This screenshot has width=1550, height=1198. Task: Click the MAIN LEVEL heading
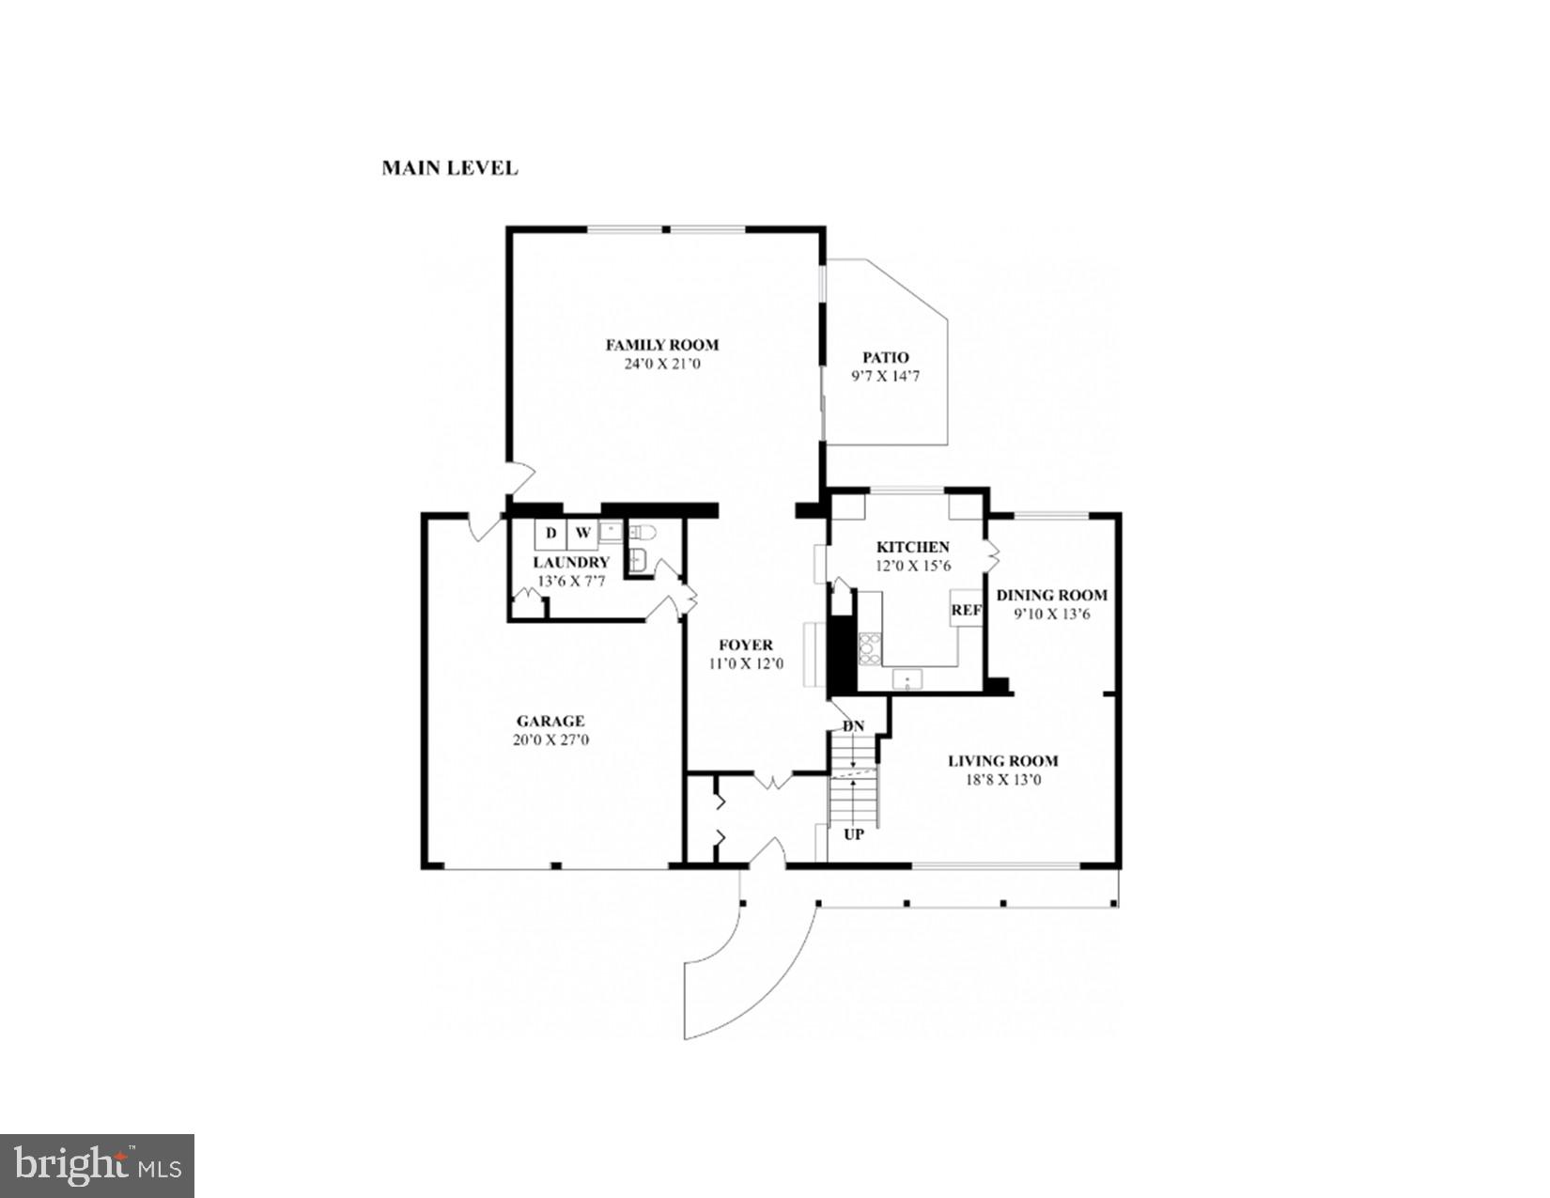(x=449, y=168)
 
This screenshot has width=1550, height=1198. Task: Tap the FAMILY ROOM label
(x=661, y=345)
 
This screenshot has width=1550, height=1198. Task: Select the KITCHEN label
(x=912, y=547)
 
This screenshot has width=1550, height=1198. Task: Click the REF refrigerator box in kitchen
(x=966, y=610)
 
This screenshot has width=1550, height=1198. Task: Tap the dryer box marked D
(x=551, y=534)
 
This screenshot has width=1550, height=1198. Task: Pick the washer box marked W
(x=582, y=534)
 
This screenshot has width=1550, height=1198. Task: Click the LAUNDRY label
(x=571, y=562)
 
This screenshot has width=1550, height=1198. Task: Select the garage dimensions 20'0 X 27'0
(x=550, y=739)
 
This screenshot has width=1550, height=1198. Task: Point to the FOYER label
(x=746, y=645)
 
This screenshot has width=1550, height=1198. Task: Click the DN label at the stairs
(x=853, y=726)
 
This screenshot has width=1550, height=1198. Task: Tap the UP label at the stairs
(x=854, y=833)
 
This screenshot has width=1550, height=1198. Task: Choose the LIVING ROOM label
(x=1002, y=761)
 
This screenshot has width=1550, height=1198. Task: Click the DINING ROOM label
(x=1051, y=595)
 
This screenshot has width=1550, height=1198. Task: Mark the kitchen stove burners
(x=870, y=648)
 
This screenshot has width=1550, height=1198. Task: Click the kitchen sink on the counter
(x=907, y=678)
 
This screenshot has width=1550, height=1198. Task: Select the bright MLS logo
(x=97, y=1166)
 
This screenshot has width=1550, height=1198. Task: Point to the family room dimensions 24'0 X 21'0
(x=661, y=364)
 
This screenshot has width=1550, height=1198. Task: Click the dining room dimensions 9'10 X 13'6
(x=1051, y=615)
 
